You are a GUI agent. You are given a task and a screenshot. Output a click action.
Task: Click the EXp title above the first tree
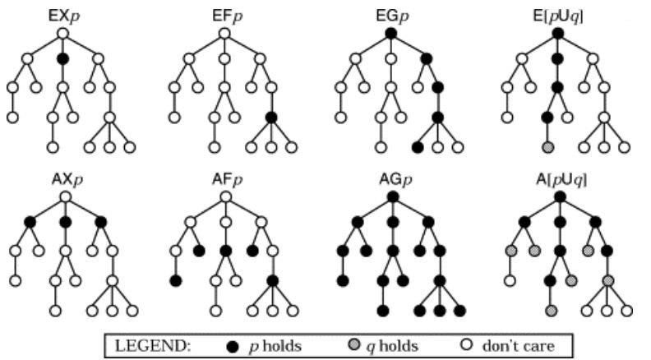pos(62,14)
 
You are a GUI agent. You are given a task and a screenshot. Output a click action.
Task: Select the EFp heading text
pos(227,14)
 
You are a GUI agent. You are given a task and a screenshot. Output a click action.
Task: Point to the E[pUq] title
pos(558,14)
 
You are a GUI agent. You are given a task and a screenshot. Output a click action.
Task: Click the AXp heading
pos(62,178)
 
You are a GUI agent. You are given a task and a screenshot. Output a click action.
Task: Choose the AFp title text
pos(227,178)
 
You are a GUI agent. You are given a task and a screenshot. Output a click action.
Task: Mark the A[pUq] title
pos(558,178)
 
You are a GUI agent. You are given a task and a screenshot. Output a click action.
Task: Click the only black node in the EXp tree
pos(62,59)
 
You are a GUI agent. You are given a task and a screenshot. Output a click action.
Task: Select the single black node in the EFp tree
pos(271,118)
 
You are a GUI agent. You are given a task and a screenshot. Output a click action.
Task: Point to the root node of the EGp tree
pos(391,34)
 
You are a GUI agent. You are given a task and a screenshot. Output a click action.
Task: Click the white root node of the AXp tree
pos(62,197)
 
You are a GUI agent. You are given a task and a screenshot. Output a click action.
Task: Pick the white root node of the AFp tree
pos(227,197)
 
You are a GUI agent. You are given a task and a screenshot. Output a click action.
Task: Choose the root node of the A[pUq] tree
pos(558,197)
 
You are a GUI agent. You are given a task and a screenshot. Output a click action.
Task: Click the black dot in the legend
pos(232,346)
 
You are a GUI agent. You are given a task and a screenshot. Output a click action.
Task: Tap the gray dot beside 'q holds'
pos(347,346)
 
